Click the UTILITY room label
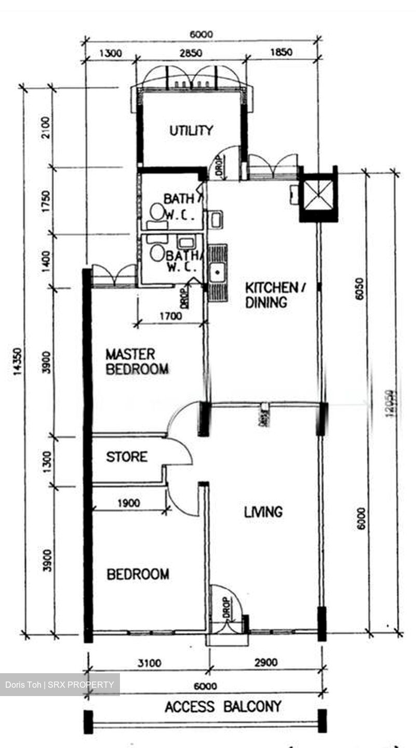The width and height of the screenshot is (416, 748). [191, 130]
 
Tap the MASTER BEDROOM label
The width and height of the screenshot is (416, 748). [137, 362]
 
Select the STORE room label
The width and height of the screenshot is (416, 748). [127, 457]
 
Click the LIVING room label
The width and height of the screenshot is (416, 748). [264, 512]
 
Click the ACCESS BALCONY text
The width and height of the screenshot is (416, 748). [223, 707]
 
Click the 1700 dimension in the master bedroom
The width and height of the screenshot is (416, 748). [170, 315]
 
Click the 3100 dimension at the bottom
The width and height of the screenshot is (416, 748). [150, 663]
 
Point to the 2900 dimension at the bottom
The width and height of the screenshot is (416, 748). [266, 662]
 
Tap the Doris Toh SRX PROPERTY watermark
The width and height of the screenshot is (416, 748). [60, 684]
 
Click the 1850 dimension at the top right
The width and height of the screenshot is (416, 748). [281, 52]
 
